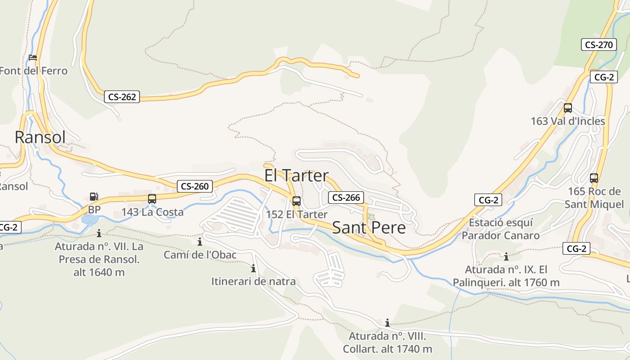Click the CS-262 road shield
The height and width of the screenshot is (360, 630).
click(122, 97)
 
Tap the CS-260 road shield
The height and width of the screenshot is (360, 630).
click(195, 186)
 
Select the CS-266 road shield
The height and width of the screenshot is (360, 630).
click(346, 198)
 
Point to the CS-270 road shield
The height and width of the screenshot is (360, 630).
click(598, 45)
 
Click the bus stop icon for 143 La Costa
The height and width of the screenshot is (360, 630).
click(152, 198)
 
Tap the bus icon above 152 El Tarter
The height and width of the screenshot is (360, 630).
click(296, 201)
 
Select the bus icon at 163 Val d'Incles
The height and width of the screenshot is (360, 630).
click(568, 108)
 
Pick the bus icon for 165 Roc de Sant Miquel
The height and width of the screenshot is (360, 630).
click(594, 178)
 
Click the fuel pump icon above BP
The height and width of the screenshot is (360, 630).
click(94, 197)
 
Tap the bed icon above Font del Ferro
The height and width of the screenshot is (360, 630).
click(33, 58)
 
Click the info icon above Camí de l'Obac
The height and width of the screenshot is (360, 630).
click(200, 242)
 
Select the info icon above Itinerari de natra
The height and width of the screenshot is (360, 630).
click(253, 269)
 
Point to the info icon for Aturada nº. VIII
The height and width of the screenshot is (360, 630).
click(387, 323)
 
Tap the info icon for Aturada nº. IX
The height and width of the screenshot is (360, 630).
click(506, 257)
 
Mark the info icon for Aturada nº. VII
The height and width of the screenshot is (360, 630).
click(99, 233)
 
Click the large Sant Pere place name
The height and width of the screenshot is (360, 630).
click(369, 228)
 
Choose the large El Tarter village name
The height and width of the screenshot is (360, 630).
click(296, 175)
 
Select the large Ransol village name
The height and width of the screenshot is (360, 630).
click(40, 137)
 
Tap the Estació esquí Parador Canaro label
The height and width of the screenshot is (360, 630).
click(500, 229)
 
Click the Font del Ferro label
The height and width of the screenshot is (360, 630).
click(34, 71)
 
